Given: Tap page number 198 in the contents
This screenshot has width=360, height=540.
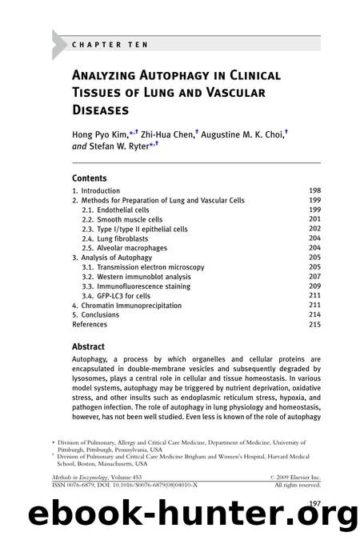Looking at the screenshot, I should point(314,191).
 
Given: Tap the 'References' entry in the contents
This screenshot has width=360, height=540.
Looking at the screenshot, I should point(90,324).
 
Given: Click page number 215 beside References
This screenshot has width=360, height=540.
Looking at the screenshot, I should point(314,324).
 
